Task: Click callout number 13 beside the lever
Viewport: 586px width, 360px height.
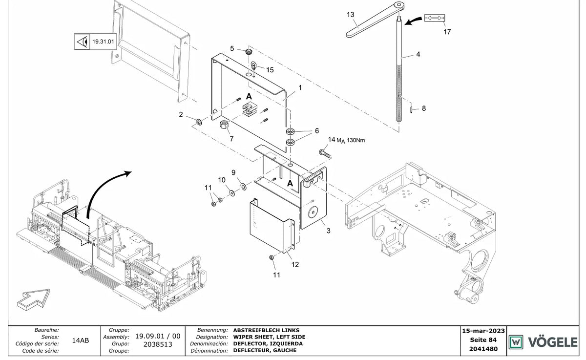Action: tap(350, 14)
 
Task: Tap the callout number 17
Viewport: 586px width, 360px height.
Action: tap(447, 32)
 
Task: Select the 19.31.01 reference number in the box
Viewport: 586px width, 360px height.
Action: tap(103, 42)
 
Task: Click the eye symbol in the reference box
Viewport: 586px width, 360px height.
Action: tap(82, 42)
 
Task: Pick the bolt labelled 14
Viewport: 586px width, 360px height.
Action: tap(324, 153)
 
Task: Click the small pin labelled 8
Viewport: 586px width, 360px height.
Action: tap(411, 109)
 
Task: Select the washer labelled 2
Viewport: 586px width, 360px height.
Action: tap(199, 122)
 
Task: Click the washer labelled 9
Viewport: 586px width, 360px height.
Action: tap(244, 187)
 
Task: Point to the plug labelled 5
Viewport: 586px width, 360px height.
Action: tap(249, 51)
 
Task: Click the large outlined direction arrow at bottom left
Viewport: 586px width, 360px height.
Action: tap(33, 299)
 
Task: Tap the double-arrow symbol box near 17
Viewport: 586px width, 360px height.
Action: tap(434, 18)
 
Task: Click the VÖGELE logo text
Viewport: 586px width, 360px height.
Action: tap(553, 342)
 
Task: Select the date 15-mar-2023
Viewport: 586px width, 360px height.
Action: tap(483, 331)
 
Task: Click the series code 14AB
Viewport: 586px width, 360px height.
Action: tap(80, 340)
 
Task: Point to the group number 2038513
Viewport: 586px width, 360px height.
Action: tap(158, 344)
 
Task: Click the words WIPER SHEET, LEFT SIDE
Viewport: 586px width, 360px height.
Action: tap(269, 337)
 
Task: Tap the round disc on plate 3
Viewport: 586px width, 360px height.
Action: tap(313, 212)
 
